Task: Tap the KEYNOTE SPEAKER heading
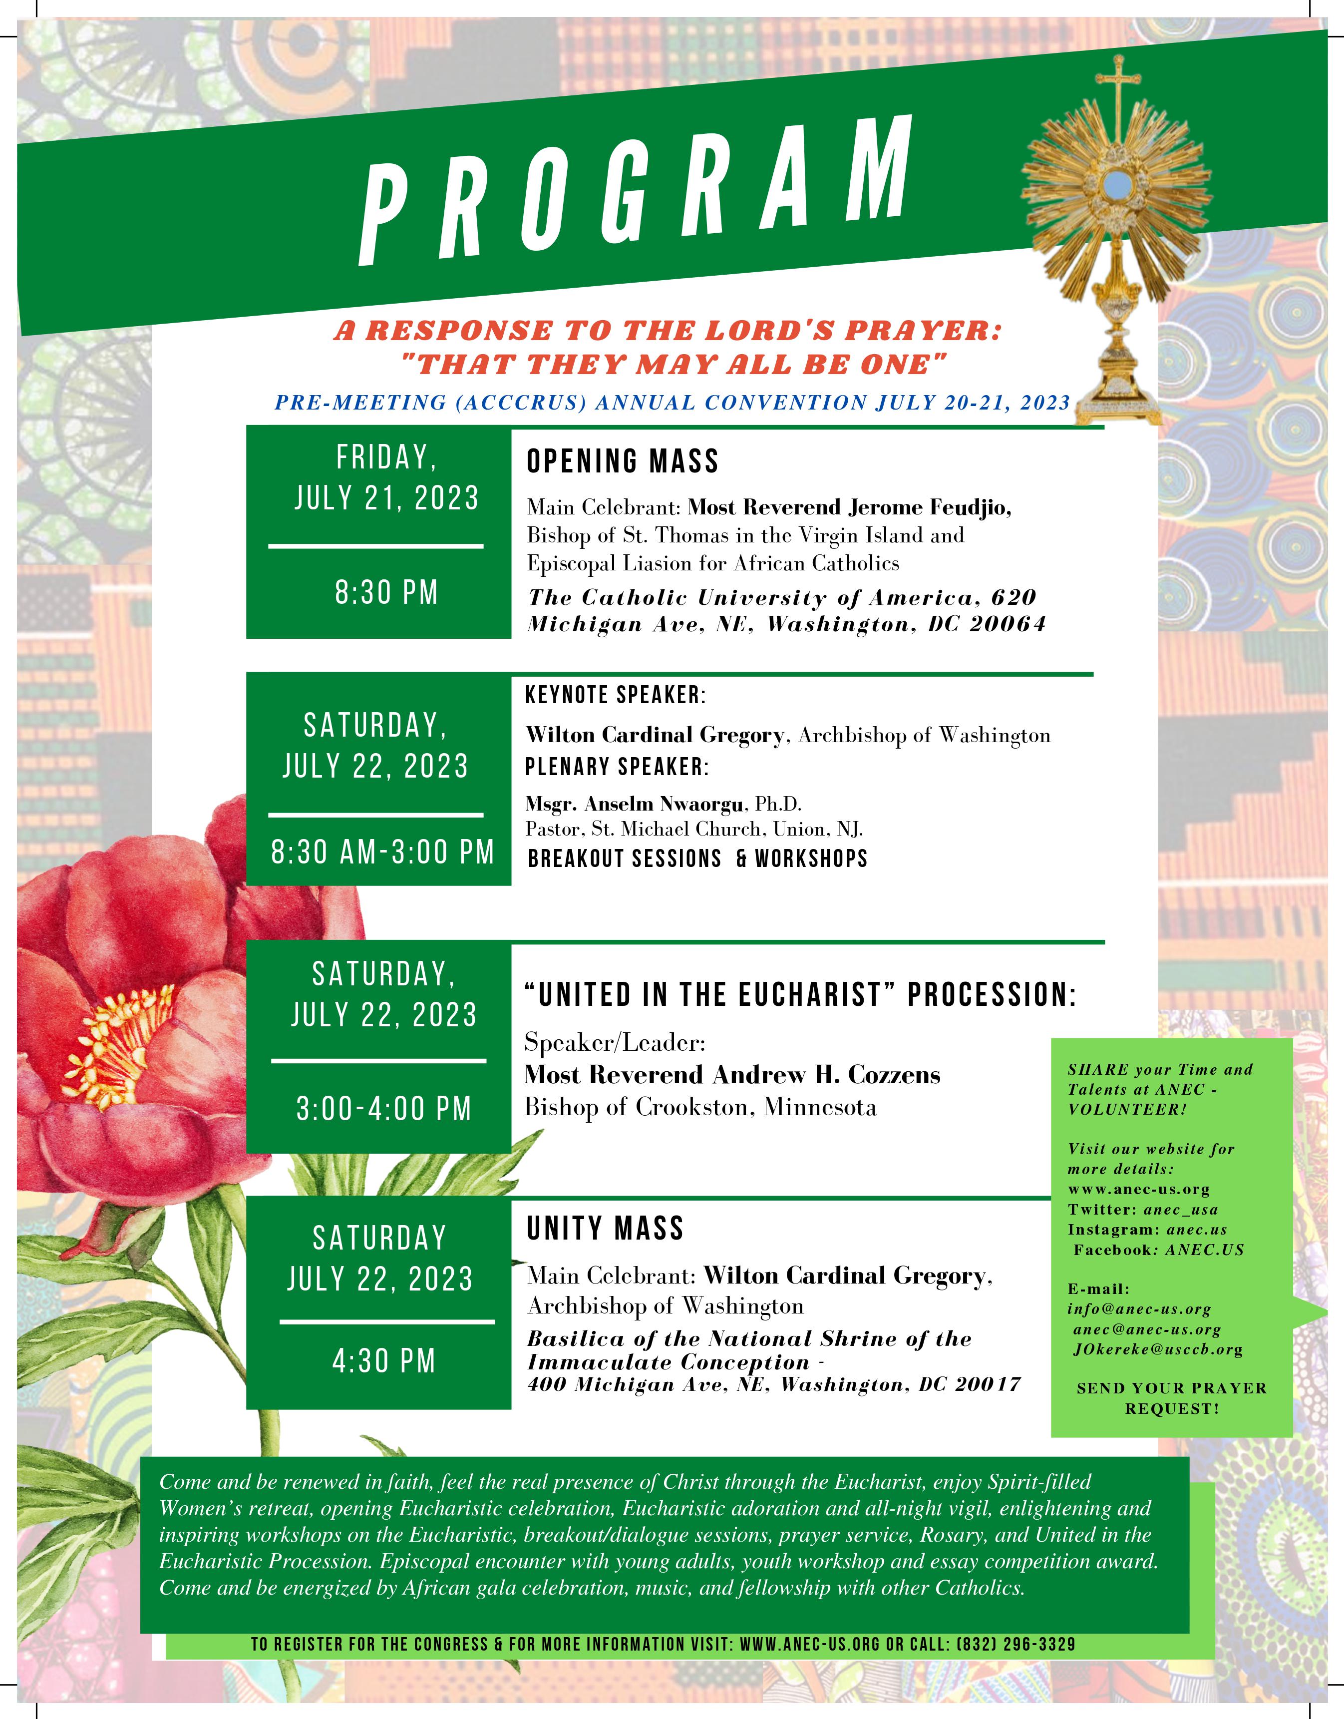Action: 616,695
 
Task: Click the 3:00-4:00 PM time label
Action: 383,1108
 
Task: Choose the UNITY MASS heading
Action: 604,1228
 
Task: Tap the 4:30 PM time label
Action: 384,1361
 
